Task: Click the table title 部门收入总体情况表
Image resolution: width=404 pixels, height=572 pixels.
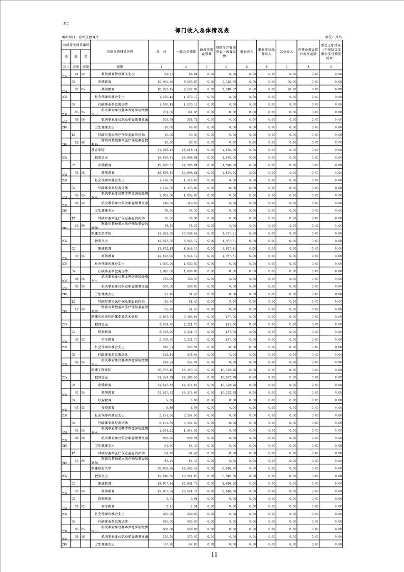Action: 202,31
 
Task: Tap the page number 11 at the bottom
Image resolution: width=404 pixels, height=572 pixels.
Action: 213,555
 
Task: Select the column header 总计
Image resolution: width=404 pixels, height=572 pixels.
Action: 161,51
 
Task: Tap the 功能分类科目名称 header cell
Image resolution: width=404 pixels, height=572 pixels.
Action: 120,51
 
